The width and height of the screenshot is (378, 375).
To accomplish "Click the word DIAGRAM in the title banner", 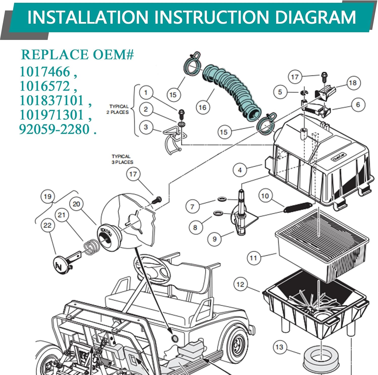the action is [315, 17].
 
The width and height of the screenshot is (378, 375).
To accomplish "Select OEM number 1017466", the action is [45, 72].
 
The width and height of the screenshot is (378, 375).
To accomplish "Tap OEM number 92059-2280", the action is [54, 129].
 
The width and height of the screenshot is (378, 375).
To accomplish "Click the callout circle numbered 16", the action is [203, 108].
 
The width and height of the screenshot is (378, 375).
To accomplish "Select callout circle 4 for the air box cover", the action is [240, 170].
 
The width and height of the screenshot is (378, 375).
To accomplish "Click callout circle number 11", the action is [253, 258].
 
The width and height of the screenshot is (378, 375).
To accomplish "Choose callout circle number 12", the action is [240, 284].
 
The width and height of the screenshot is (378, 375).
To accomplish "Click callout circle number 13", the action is [279, 347].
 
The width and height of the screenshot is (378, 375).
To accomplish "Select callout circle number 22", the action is [47, 225].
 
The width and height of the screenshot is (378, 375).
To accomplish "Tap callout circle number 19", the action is [48, 196].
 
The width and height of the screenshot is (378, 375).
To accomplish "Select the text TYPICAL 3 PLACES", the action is [122, 159].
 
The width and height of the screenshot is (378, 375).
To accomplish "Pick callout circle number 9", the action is [214, 239].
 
